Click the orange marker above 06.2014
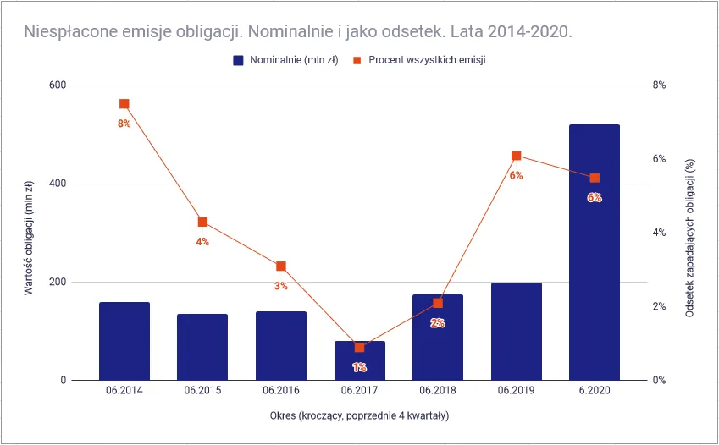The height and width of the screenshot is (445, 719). [x=124, y=104]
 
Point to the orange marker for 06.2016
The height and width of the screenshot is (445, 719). [x=281, y=266]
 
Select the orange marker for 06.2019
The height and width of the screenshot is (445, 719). [x=516, y=156]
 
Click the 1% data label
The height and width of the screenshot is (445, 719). [x=359, y=367]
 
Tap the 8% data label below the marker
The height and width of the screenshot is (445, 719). [x=124, y=124]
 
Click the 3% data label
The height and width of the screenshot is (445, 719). [x=281, y=286]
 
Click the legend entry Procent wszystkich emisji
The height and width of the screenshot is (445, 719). [x=419, y=61]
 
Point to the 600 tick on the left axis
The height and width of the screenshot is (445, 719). [x=58, y=85]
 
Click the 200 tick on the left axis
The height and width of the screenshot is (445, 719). [x=58, y=282]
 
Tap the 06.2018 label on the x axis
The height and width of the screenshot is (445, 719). [x=437, y=391]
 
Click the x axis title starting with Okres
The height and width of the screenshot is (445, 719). [x=359, y=415]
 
